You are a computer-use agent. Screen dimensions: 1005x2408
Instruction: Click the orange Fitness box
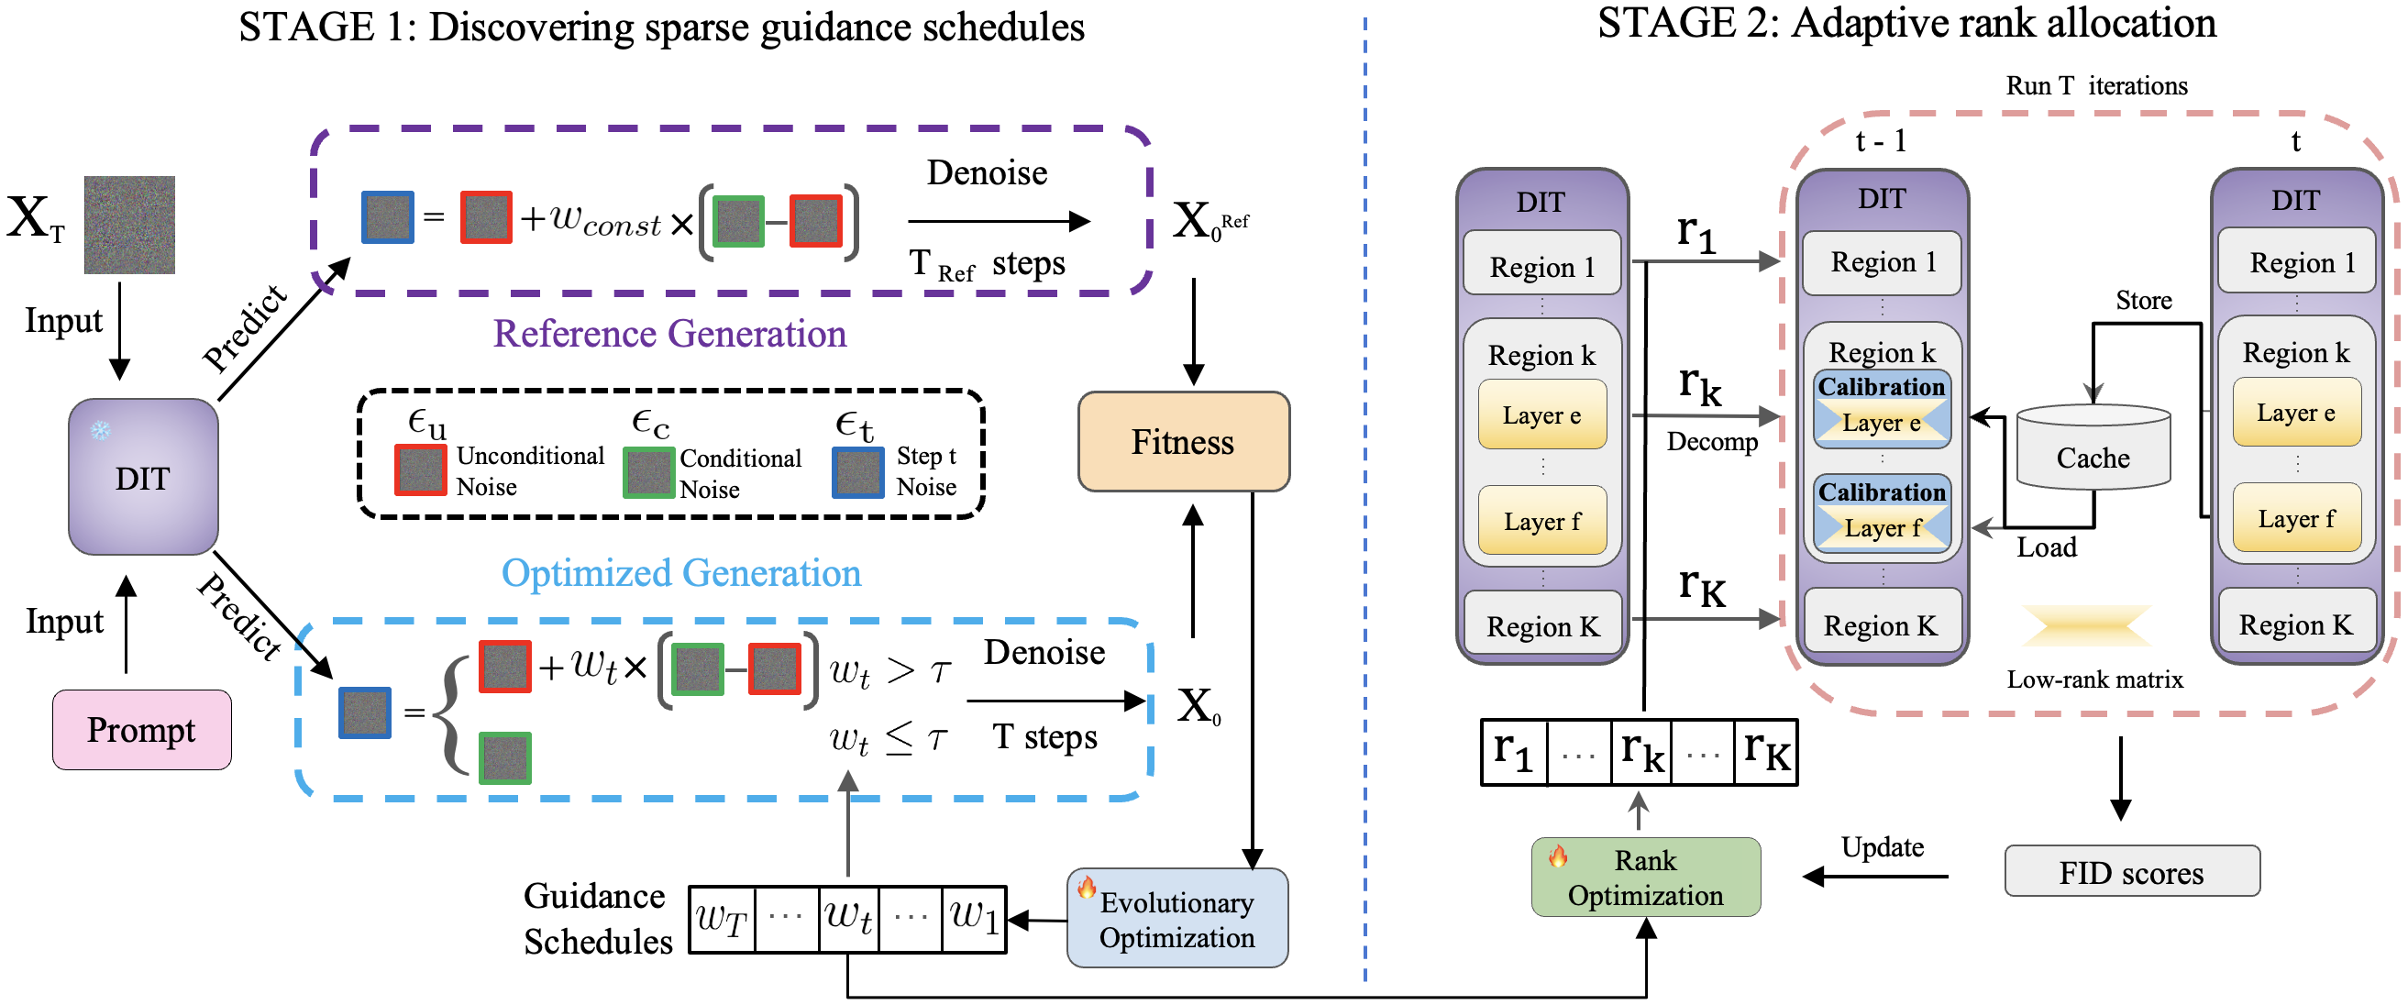(1184, 441)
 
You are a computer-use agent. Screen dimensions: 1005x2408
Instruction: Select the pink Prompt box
(141, 729)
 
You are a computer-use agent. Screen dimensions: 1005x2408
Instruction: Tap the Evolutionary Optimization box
(1176, 918)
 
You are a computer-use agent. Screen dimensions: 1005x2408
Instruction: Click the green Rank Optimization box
(1645, 877)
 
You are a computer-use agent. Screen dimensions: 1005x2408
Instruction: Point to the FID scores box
(2131, 871)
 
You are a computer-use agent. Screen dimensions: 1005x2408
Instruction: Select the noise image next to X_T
(129, 225)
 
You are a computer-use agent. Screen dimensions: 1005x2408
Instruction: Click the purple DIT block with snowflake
(143, 477)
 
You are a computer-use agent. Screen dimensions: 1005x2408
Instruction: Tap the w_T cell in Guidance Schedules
(722, 919)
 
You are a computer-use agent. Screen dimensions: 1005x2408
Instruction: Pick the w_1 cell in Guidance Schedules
(974, 919)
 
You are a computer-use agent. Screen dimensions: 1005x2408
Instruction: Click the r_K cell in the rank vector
(1766, 752)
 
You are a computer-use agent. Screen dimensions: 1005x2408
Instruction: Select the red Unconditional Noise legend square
(420, 470)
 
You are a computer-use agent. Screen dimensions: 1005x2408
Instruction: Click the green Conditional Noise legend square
(647, 473)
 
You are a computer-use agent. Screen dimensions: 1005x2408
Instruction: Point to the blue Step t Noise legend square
(857, 472)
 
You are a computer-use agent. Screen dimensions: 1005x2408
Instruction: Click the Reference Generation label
(669, 334)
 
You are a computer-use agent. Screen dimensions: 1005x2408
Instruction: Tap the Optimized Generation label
(680, 573)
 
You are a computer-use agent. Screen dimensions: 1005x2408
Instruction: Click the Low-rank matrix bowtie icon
(2087, 625)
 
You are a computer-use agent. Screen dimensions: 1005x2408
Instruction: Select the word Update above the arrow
(1882, 847)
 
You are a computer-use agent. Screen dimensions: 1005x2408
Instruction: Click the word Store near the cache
(2144, 300)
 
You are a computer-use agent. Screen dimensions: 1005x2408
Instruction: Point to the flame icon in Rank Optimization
(1558, 856)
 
